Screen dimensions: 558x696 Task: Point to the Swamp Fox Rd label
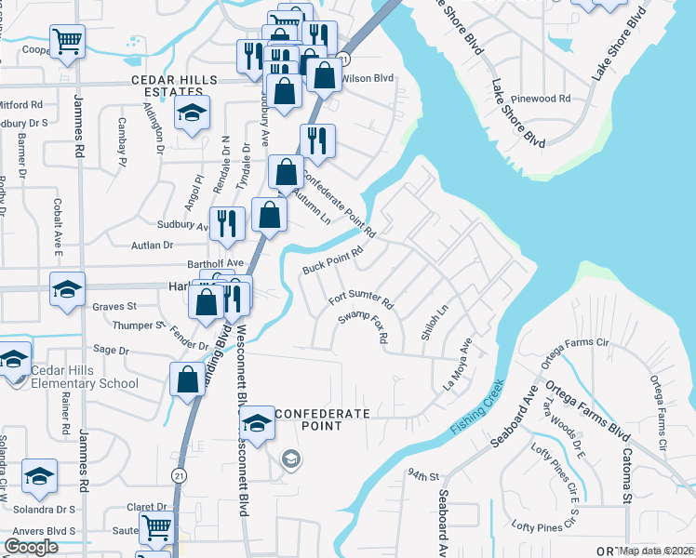click(363, 326)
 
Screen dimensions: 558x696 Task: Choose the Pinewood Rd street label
click(547, 98)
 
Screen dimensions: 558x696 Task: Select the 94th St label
click(422, 474)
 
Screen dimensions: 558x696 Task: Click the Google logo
click(31, 547)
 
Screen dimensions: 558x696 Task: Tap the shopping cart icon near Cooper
click(67, 40)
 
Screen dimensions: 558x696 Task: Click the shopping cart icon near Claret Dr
click(156, 526)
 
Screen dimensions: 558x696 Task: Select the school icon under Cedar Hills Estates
click(193, 113)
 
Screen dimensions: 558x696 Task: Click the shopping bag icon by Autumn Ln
click(287, 171)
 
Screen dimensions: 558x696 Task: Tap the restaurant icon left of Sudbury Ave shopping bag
click(227, 223)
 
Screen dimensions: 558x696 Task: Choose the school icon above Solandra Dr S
click(38, 476)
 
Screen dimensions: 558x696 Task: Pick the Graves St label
click(114, 305)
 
